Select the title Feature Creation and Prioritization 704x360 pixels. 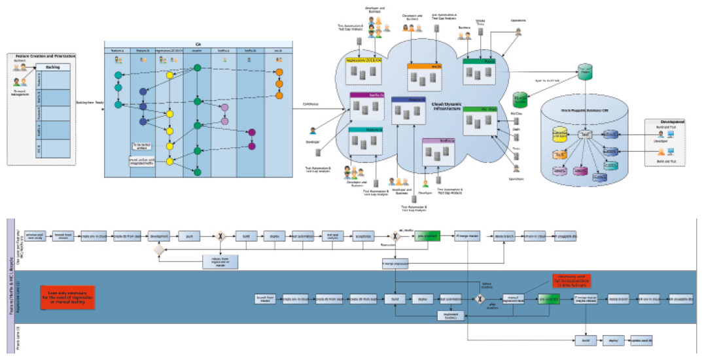pos(46,56)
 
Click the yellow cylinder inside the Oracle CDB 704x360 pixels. pos(561,135)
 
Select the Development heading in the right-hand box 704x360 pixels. pos(673,122)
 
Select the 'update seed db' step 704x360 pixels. pos(642,341)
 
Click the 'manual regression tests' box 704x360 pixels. pos(513,298)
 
